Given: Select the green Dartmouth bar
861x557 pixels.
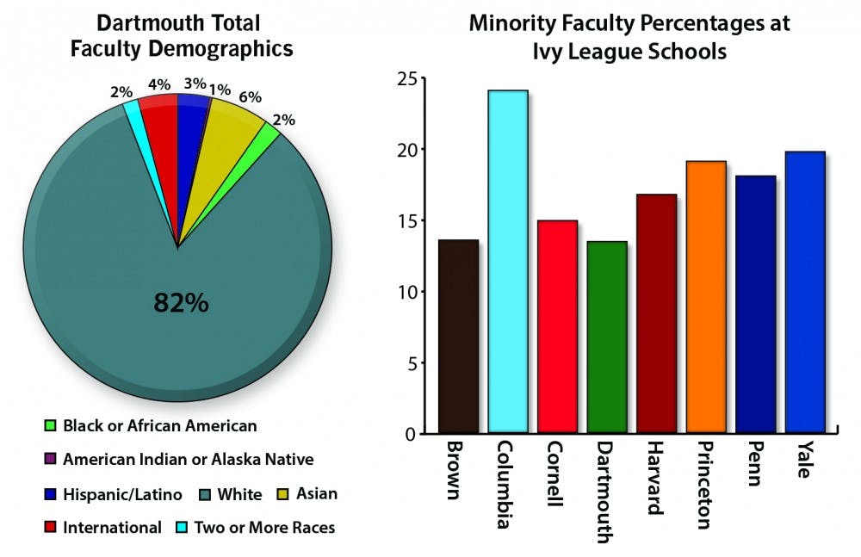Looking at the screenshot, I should [607, 337].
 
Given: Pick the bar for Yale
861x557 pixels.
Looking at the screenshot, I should [805, 292].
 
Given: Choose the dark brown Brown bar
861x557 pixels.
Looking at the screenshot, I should [458, 336].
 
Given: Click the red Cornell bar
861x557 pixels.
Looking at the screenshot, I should [557, 326].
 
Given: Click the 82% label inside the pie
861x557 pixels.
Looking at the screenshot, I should [181, 303].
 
